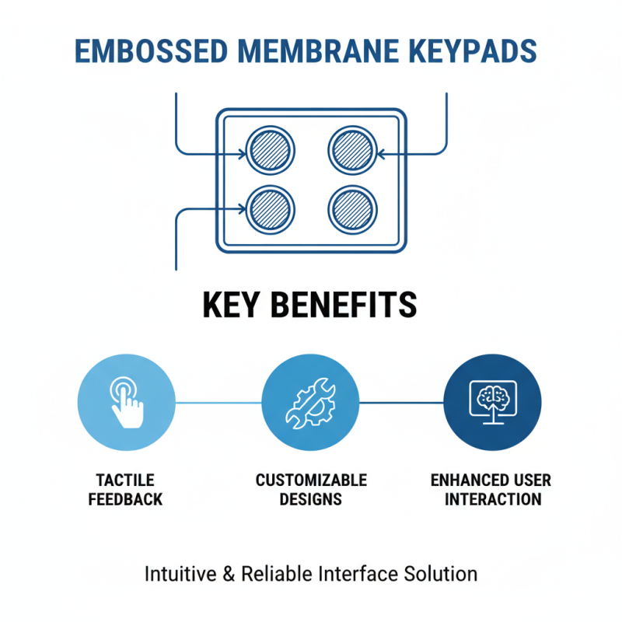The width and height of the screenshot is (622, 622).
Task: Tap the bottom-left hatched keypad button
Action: point(270,208)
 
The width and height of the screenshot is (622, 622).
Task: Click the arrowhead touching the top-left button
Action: point(241,153)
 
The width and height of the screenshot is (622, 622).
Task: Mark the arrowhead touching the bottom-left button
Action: point(241,208)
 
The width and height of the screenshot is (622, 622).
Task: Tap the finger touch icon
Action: point(127,402)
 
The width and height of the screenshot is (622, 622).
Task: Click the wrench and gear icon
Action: point(310,402)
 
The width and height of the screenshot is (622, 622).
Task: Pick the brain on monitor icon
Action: point(492,402)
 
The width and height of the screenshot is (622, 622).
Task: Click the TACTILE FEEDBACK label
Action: point(126,489)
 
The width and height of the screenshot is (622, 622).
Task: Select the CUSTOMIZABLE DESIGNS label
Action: point(311,489)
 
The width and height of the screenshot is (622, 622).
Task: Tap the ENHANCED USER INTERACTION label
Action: point(491,489)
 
